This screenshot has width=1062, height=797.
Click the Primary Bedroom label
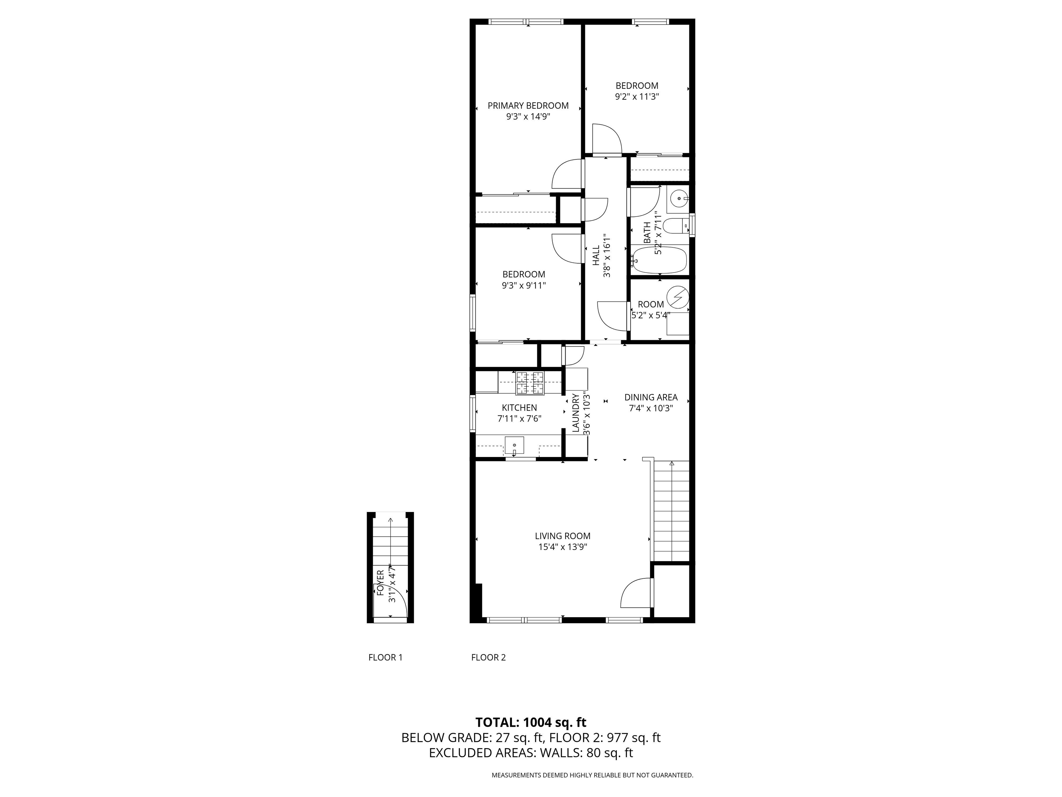[x=528, y=106]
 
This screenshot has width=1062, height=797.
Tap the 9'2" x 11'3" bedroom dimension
[x=637, y=97]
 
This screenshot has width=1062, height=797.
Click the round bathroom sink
[x=678, y=198]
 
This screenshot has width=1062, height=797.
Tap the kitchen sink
[x=514, y=445]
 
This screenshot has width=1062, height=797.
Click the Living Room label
[x=563, y=535]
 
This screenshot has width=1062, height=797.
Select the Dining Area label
[x=651, y=397]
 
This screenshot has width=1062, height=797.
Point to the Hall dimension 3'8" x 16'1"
[x=607, y=256]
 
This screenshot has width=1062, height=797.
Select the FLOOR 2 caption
[x=488, y=657]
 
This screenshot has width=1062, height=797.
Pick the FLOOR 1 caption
[x=385, y=657]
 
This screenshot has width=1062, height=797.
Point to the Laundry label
[x=576, y=413]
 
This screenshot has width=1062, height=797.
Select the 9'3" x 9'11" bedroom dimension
[x=524, y=285]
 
